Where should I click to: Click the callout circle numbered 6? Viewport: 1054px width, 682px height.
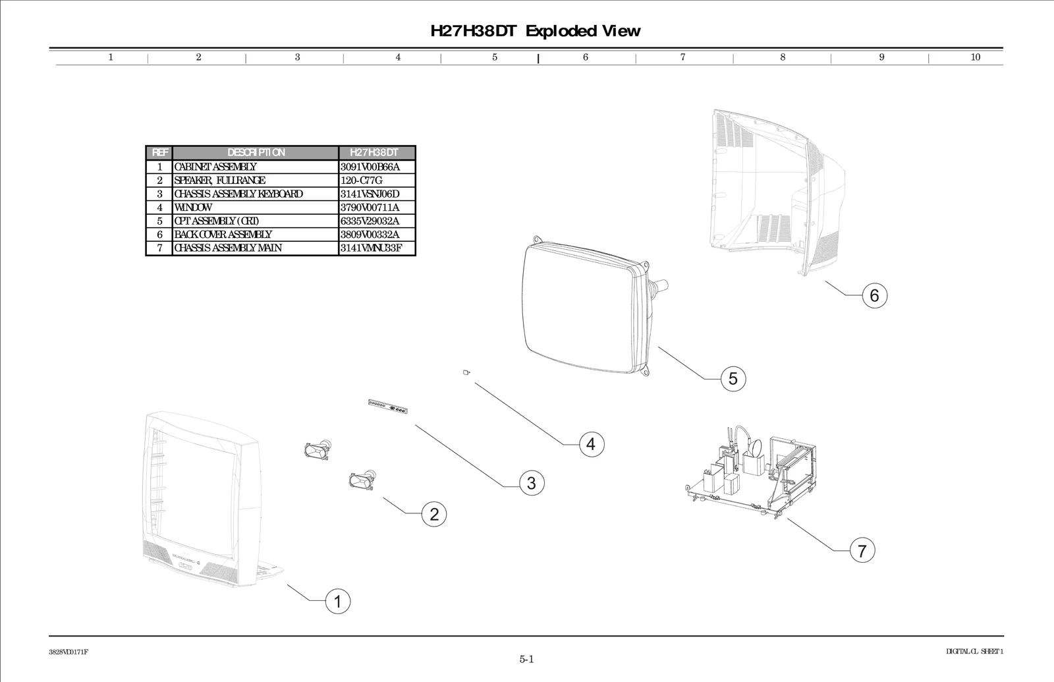click(x=874, y=295)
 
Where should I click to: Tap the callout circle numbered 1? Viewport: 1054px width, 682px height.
click(x=338, y=602)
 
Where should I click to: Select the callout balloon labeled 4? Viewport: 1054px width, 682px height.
click(x=591, y=444)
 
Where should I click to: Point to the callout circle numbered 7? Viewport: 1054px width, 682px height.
click(x=862, y=550)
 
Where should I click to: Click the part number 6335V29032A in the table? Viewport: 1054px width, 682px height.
click(x=370, y=221)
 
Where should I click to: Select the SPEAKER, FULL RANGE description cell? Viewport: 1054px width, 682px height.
click(x=220, y=181)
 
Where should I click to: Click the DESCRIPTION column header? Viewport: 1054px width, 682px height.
click(x=256, y=153)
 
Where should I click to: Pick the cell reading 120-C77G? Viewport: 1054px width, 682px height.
click(x=361, y=181)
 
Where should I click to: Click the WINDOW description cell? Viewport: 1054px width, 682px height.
click(x=194, y=208)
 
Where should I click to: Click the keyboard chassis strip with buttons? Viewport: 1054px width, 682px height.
click(x=389, y=407)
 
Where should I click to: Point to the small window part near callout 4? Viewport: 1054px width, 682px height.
click(x=466, y=373)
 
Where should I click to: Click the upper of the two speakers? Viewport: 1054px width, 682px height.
click(x=317, y=451)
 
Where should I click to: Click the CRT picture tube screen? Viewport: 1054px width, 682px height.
click(x=576, y=306)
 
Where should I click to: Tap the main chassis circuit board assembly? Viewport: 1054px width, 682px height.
click(x=751, y=474)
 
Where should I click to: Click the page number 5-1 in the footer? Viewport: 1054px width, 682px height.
click(x=526, y=659)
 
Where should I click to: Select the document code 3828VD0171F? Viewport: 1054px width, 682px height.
click(x=69, y=652)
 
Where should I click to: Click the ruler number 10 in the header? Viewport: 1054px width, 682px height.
click(x=976, y=57)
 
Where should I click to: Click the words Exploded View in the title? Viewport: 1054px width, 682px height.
click(x=583, y=31)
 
